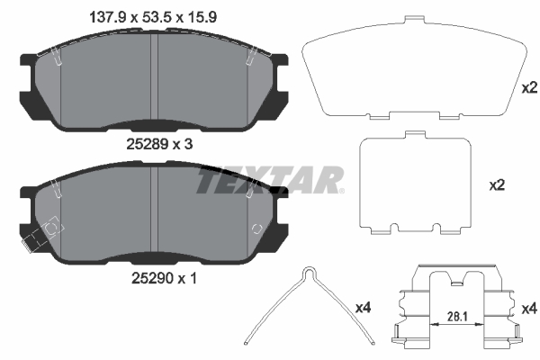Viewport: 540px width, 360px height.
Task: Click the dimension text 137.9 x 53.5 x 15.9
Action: (x=153, y=17)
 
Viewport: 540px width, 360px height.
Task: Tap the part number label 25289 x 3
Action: (x=159, y=144)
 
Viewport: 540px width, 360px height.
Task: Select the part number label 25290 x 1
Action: (x=164, y=278)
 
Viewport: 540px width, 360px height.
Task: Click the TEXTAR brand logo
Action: (x=269, y=180)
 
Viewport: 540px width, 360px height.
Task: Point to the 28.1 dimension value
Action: (x=457, y=317)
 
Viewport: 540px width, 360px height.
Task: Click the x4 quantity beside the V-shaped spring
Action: (x=363, y=308)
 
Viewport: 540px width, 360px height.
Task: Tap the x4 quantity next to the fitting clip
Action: (x=529, y=309)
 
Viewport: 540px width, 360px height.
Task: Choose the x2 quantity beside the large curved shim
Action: (x=529, y=88)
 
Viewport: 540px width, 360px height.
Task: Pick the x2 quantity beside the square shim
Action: (x=497, y=185)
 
